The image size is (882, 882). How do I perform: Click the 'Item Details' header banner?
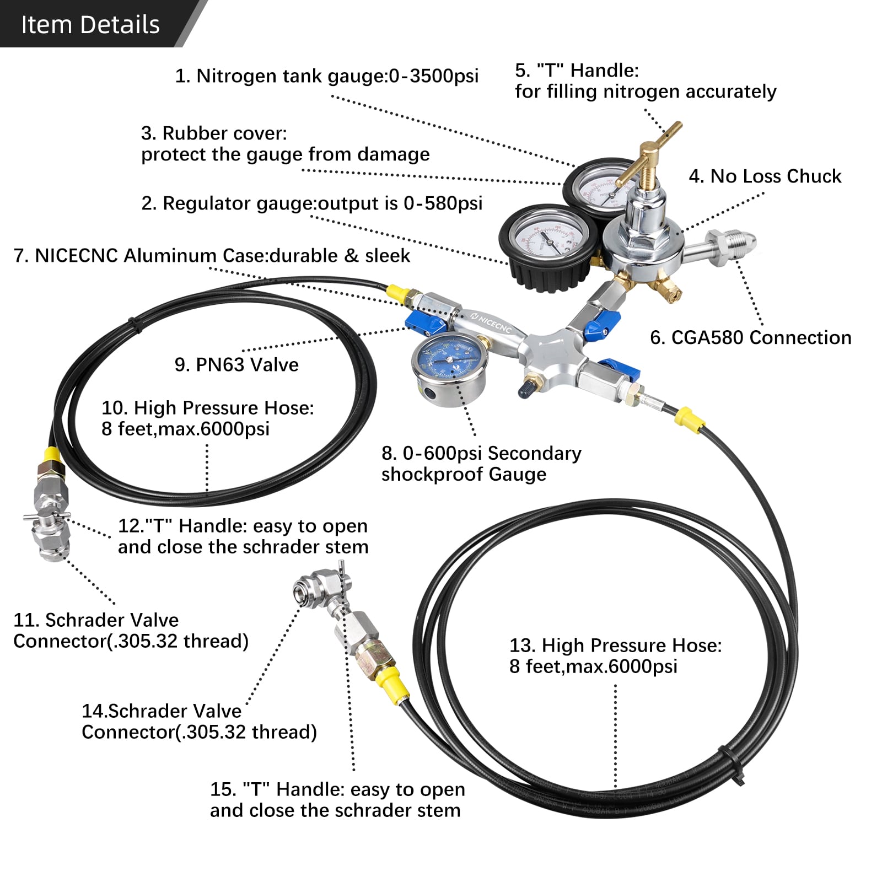pos(91,24)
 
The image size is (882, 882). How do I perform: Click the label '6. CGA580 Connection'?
pos(750,337)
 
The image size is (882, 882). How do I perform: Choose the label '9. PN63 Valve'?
pos(236,364)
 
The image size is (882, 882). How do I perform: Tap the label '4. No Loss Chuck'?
pos(765,176)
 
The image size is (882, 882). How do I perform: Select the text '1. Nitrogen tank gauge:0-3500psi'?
pos(326,76)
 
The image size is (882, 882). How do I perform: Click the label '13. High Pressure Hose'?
pos(615,645)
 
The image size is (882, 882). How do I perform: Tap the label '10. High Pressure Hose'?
pos(207,407)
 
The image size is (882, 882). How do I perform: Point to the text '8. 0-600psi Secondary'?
pos(481,453)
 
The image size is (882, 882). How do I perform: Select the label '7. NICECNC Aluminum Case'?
pos(212,256)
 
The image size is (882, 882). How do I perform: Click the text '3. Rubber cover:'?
pos(214,133)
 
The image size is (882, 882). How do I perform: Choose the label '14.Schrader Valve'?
pos(162,711)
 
